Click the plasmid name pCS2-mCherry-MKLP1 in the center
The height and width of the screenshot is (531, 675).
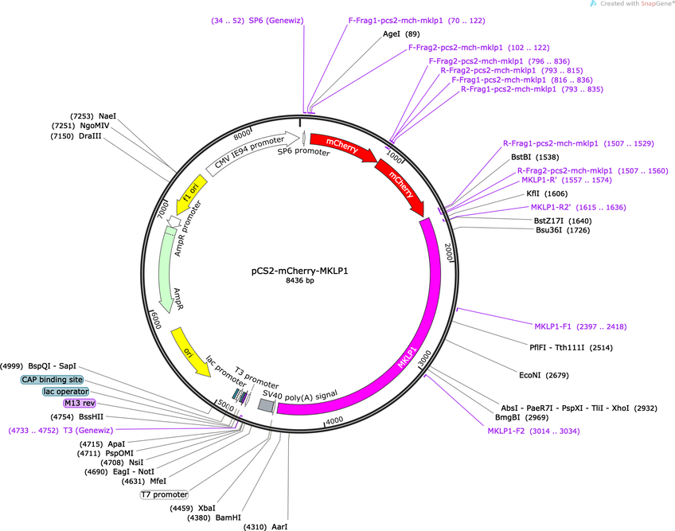point(299,271)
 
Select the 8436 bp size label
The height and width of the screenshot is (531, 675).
point(299,280)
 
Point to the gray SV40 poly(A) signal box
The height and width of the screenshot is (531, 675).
point(266,404)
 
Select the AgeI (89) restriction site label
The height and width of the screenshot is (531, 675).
point(401,34)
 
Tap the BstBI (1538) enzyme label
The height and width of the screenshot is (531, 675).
point(535,157)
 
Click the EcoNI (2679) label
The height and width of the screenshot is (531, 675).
point(544,375)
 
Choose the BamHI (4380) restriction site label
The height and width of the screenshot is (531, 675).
point(214,517)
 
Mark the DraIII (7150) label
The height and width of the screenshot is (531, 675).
point(76,136)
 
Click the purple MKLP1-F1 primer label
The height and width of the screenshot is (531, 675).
point(580,326)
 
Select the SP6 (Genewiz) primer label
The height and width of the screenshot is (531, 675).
point(257,20)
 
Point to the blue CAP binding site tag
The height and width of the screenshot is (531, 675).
point(52,380)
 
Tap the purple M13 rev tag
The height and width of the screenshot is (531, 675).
point(80,403)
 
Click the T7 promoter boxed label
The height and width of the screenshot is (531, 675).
point(165,494)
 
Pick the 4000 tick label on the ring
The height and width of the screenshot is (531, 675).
point(334,421)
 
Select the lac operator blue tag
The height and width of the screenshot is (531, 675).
point(66,392)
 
